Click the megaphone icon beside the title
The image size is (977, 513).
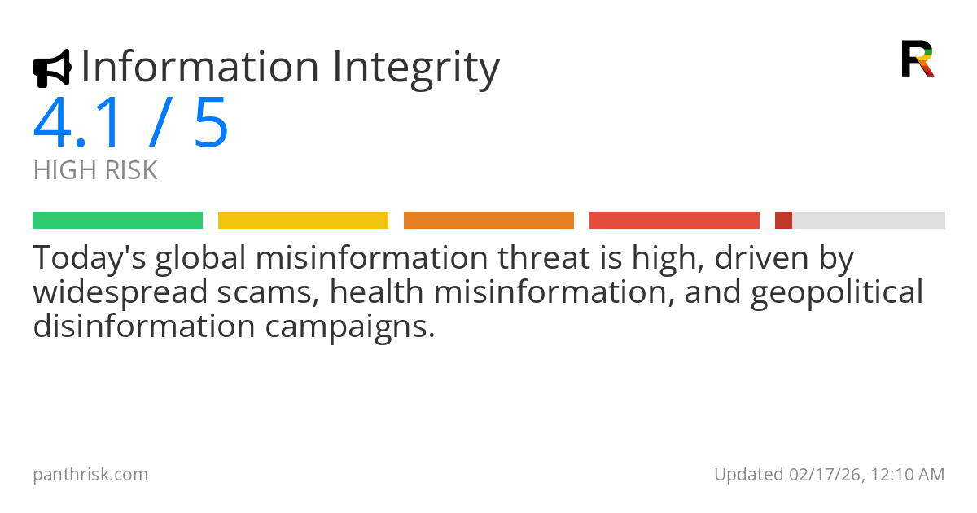tap(51, 68)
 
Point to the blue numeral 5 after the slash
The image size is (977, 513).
tap(212, 124)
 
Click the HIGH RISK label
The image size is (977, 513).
tap(95, 171)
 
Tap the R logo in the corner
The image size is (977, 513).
tap(917, 59)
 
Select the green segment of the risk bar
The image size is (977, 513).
tap(117, 220)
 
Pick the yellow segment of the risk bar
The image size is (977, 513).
tap(303, 220)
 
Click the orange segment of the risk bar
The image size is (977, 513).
tap(488, 220)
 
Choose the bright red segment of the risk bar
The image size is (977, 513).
tap(674, 220)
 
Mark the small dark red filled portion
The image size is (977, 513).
tap(783, 220)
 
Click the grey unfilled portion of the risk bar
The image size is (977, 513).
tap(868, 220)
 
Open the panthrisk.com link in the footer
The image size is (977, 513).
tap(90, 475)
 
